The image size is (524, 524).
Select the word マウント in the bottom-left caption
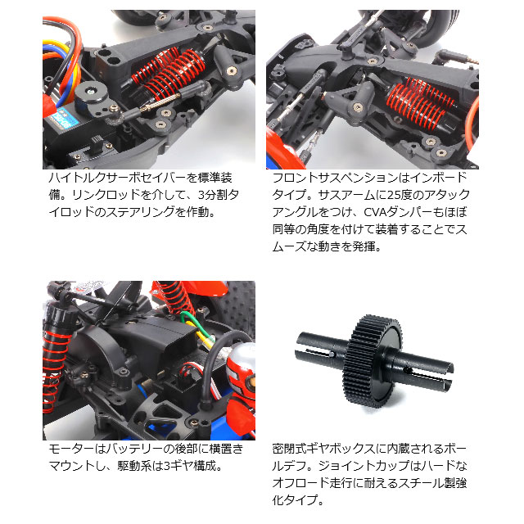(x=69, y=467)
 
